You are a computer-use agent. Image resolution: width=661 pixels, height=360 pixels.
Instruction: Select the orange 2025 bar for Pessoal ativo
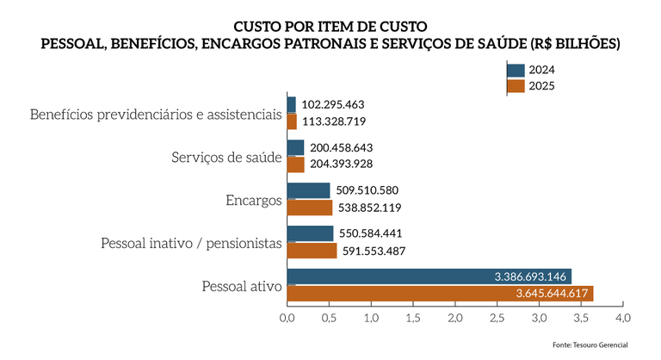[439, 294]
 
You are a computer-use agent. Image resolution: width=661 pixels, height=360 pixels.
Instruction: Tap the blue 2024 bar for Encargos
[308, 190]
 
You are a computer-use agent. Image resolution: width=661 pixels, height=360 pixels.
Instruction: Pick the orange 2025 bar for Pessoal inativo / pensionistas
[312, 251]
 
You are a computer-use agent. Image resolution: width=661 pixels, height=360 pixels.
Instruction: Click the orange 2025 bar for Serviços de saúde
[295, 164]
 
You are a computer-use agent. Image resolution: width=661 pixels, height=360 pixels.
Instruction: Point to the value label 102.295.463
[337, 104]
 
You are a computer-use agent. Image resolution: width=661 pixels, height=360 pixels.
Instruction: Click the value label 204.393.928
[341, 164]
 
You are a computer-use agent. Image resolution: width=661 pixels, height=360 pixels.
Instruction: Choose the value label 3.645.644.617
[552, 294]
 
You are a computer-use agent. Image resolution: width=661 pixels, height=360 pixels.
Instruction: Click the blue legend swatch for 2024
[516, 71]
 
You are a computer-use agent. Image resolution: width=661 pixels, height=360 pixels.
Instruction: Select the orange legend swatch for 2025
[516, 85]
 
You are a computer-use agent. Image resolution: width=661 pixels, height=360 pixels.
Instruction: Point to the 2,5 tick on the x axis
[497, 319]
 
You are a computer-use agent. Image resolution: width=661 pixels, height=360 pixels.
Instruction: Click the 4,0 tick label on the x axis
[623, 319]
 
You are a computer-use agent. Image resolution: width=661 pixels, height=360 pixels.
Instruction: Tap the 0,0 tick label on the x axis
[287, 319]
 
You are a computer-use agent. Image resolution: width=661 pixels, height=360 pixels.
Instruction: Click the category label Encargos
[254, 201]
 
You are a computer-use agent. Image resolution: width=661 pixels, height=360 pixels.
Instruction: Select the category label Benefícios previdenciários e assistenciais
[156, 115]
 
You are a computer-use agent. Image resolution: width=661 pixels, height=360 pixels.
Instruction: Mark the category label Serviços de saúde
[226, 158]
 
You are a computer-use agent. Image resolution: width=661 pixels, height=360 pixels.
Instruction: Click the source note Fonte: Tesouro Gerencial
[590, 344]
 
